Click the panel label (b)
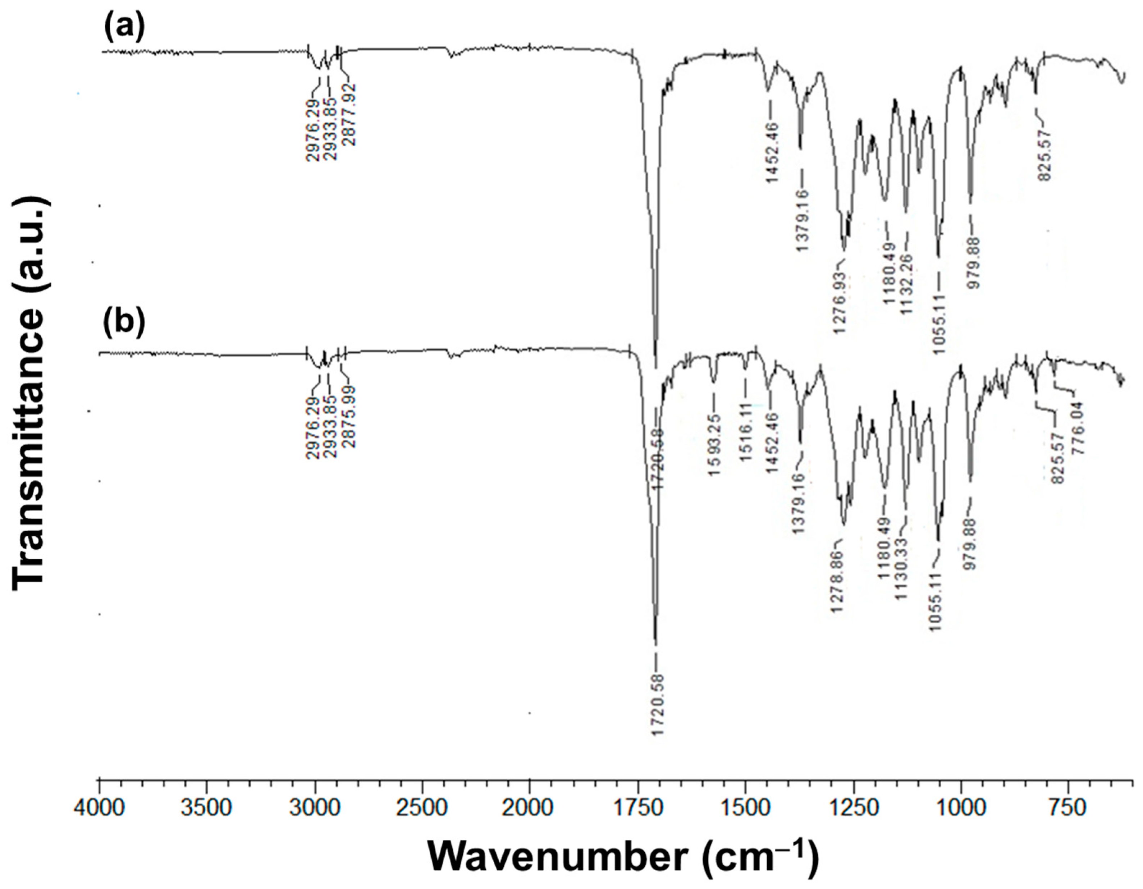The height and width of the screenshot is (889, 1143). click(x=124, y=320)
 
